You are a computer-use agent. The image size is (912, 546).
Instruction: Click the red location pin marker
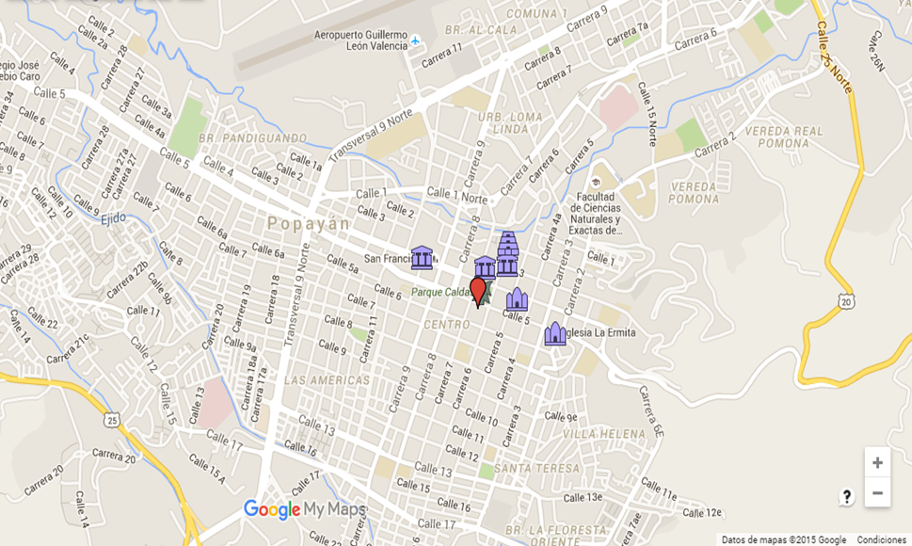(x=478, y=291)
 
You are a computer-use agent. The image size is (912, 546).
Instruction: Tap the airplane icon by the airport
(x=415, y=41)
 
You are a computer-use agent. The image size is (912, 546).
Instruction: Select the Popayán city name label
(x=308, y=224)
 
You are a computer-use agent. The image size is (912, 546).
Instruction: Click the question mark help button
(x=846, y=497)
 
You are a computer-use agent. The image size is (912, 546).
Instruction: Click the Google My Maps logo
(x=304, y=510)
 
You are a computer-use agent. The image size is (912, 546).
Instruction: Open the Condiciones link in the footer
(x=881, y=539)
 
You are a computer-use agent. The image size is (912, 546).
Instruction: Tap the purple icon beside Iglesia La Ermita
(x=555, y=334)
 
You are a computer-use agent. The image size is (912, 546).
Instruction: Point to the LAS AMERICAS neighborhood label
(x=327, y=380)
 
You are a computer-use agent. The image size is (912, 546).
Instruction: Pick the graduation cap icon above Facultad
(x=596, y=183)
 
